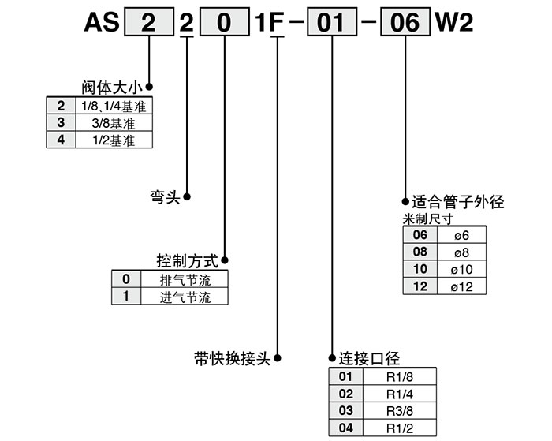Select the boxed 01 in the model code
[x=326, y=22]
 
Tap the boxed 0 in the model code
[x=224, y=22]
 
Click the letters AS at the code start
[x=103, y=22]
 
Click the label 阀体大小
[x=112, y=86]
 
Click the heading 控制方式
[x=188, y=260]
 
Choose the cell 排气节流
[x=185, y=280]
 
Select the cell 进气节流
[x=185, y=297]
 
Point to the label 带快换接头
[x=233, y=357]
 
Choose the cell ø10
[x=461, y=270]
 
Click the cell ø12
[x=461, y=287]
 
